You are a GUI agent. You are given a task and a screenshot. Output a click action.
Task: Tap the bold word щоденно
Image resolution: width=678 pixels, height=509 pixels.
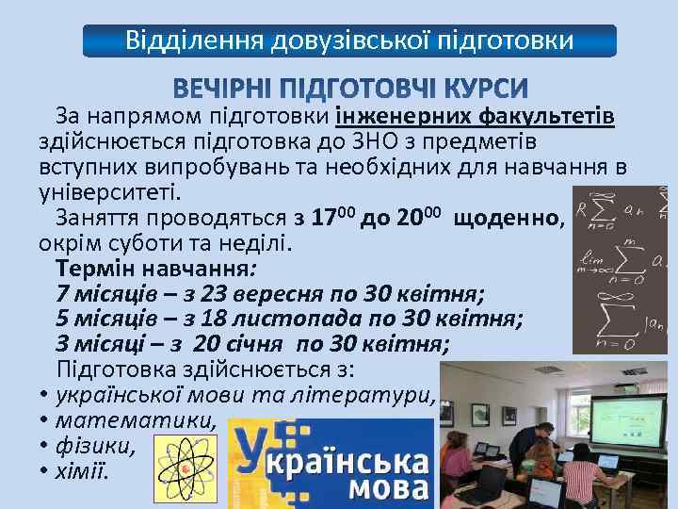pyautogui.click(x=507, y=218)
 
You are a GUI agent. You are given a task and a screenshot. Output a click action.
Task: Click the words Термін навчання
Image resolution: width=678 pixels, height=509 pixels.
pyautogui.click(x=152, y=267)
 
